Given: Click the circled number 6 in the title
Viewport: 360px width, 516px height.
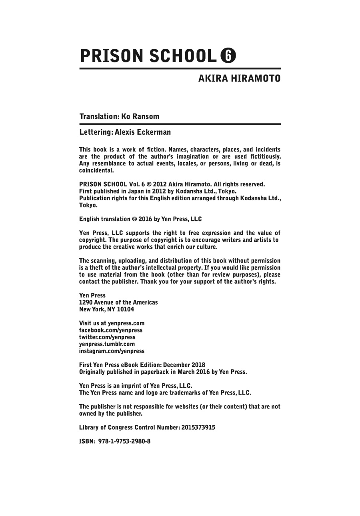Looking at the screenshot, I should (228, 56).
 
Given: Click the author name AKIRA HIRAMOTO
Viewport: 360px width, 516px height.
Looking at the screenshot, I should (239, 78).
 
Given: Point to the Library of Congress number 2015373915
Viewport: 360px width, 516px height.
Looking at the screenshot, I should (198, 427).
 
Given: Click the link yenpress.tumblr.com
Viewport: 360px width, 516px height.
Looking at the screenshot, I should (107, 344).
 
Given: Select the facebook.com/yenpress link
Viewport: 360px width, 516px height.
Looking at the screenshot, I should (111, 330).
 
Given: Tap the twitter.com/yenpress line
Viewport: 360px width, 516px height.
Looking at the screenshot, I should (107, 337).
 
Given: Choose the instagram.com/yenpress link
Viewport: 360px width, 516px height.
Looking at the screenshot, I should (112, 351).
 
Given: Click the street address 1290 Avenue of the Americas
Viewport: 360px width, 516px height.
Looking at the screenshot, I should (118, 302).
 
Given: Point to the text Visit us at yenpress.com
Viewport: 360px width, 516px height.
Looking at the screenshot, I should (112, 323).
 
